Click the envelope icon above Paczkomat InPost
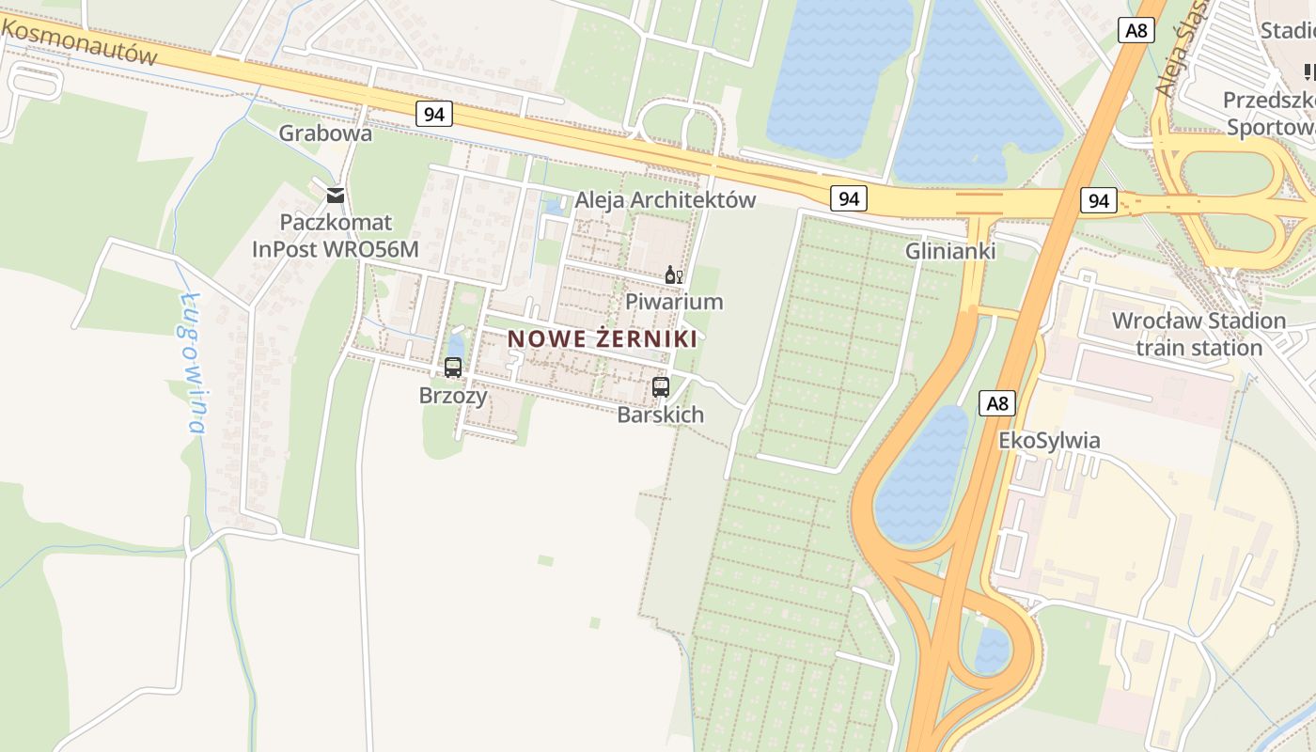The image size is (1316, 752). tap(335, 196)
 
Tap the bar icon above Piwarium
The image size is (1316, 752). tap(673, 275)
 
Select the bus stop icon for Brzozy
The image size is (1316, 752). tap(453, 368)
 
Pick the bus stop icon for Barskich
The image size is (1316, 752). tap(661, 386)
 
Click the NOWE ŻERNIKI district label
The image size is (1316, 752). tap(603, 339)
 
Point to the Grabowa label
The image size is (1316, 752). tap(325, 133)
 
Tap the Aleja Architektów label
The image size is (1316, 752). tap(666, 199)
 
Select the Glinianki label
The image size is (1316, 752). tap(950, 251)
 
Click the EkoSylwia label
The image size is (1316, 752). tap(1049, 441)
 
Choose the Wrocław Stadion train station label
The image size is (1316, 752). tap(1198, 334)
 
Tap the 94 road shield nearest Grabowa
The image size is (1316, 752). tap(433, 114)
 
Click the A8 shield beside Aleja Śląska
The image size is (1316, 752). tap(1136, 30)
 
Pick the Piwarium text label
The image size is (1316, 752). tap(674, 302)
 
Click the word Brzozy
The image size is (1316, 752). tap(453, 396)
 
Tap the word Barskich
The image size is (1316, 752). tap(660, 415)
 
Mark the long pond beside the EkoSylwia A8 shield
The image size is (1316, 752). tap(920, 475)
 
